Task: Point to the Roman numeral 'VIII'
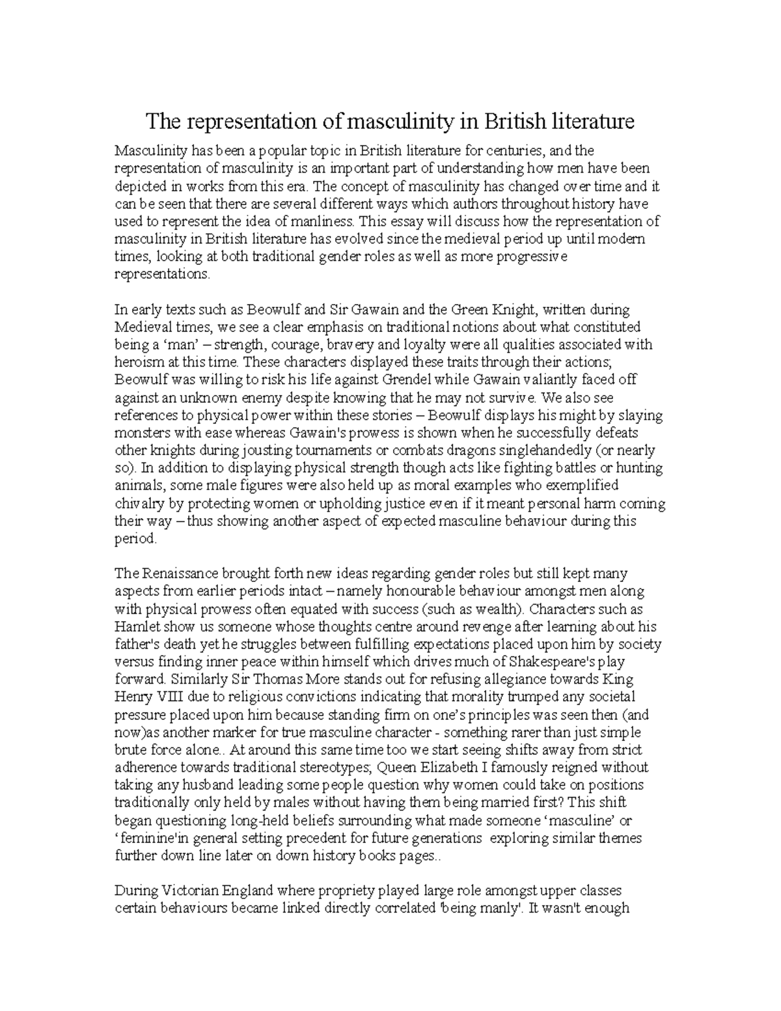pyautogui.click(x=172, y=697)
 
